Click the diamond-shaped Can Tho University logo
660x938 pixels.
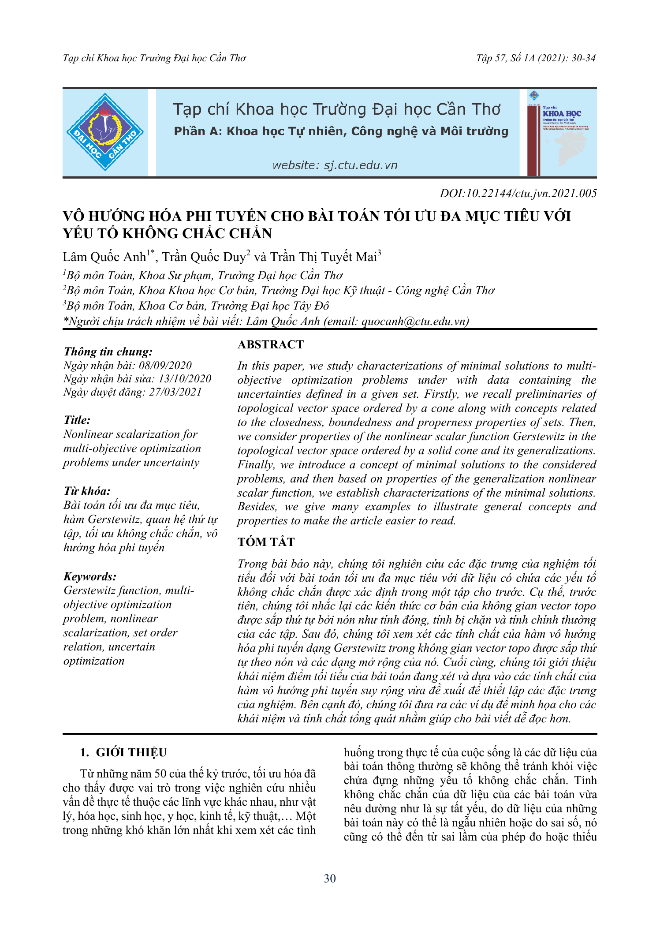[x=105, y=132]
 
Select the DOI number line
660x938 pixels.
[x=518, y=193]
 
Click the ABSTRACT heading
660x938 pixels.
[x=271, y=344]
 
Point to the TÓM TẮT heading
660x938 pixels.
[x=266, y=542]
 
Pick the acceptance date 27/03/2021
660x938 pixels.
[x=175, y=392]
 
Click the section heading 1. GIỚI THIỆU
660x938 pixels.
[x=123, y=752]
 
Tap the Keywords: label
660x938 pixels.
[x=90, y=576]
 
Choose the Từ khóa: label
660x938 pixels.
[x=87, y=491]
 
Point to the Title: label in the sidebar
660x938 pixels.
[x=77, y=420]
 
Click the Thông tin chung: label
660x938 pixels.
[x=108, y=351]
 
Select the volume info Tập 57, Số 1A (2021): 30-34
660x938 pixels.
[x=536, y=58]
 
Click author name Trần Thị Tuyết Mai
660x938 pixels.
[x=324, y=257]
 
